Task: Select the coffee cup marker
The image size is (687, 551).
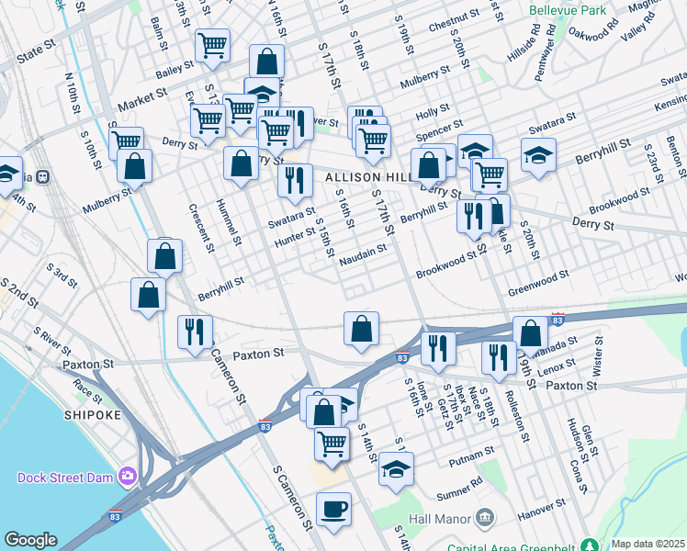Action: pyautogui.click(x=333, y=509)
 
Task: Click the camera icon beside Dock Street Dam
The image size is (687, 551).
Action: pyautogui.click(x=127, y=476)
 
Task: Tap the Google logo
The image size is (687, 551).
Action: pyautogui.click(x=30, y=540)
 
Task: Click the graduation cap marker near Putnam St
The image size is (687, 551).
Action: pyautogui.click(x=396, y=468)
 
